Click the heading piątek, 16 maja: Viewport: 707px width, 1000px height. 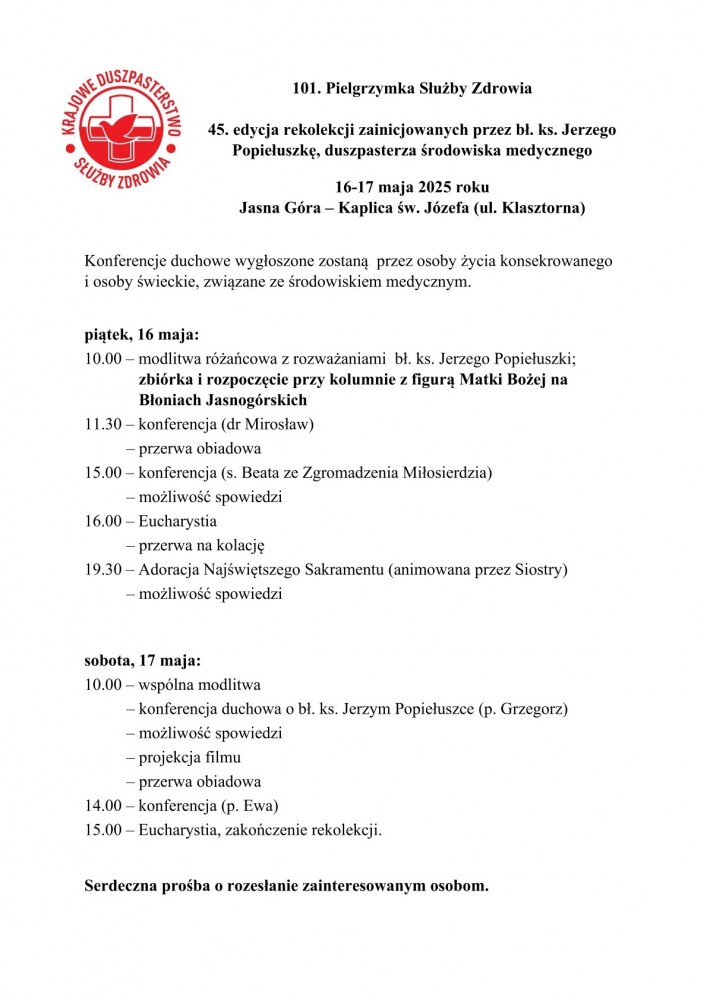point(141,334)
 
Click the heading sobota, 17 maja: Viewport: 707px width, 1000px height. point(142,661)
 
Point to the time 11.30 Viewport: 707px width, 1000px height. point(103,424)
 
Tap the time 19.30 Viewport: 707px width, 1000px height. point(103,570)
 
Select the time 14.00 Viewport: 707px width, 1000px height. point(103,806)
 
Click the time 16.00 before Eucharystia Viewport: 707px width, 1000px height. point(103,521)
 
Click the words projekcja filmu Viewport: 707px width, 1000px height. point(189,757)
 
